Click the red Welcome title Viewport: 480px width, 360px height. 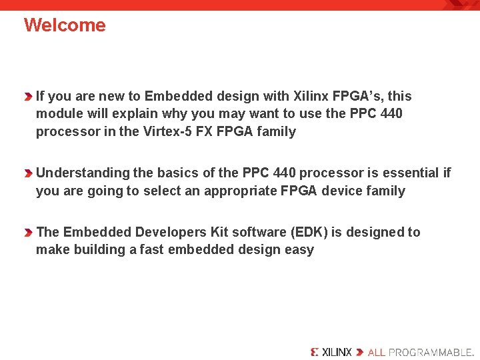65,25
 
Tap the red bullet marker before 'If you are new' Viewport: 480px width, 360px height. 29,97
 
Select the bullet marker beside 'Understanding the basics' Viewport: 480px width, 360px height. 29,173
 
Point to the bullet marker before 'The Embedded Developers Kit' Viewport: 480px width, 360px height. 29,233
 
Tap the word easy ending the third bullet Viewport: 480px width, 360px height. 299,250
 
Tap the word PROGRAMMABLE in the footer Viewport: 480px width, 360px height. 429,351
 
